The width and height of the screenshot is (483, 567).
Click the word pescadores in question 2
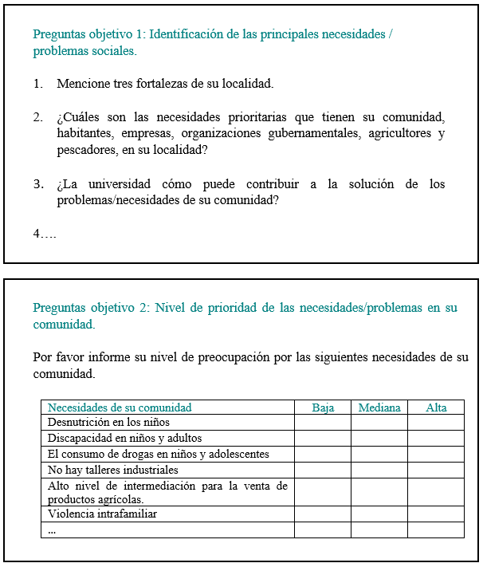(85, 150)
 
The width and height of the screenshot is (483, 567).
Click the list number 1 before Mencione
(37, 83)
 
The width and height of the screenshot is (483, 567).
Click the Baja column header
(323, 408)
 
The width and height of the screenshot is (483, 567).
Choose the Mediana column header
(379, 408)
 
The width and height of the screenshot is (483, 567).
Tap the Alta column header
(436, 408)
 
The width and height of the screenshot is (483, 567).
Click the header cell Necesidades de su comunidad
(120, 408)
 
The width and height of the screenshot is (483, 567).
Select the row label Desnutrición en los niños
(108, 423)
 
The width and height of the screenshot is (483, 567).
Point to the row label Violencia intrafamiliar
(102, 514)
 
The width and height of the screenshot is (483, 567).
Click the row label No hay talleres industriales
(112, 471)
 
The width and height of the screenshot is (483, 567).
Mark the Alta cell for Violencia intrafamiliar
(436, 514)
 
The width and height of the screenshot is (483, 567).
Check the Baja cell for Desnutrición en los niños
(323, 423)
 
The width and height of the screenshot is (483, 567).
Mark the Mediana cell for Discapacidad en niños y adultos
(379, 439)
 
